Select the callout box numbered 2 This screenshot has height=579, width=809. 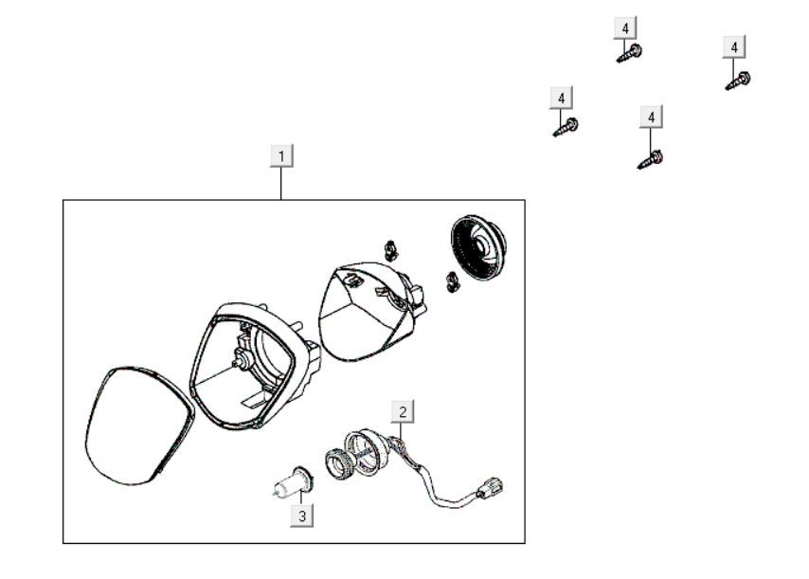(404, 411)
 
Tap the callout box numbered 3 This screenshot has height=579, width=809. (302, 516)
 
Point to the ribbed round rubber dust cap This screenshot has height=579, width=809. (478, 247)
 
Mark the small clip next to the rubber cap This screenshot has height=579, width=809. (453, 280)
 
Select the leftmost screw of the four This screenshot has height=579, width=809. (566, 126)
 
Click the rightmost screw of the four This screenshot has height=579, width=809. (739, 81)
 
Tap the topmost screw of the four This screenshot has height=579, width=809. (630, 53)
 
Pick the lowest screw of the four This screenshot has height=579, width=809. (651, 158)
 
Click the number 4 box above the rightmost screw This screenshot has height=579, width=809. (734, 46)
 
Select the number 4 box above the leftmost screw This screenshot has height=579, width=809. (562, 98)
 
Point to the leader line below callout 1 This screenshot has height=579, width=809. (281, 184)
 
